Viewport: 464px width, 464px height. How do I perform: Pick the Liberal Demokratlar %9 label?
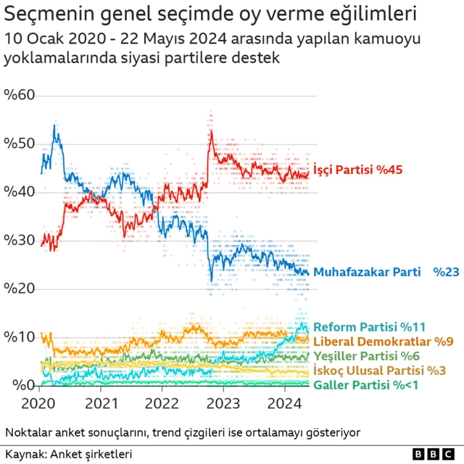(x=383, y=341)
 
